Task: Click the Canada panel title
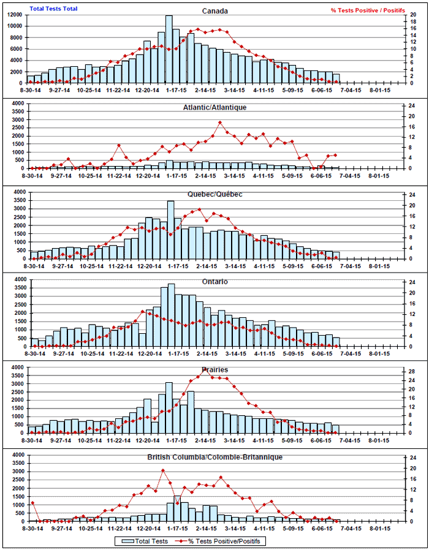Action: pos(215,11)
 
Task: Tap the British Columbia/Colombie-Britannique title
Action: pos(214,457)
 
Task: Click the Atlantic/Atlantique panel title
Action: pos(215,107)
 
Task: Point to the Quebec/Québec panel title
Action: pos(215,194)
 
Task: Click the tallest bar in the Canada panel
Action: pos(169,49)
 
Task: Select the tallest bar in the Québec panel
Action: pos(170,230)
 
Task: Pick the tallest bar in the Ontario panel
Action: pos(172,315)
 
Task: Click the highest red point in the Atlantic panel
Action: pos(220,122)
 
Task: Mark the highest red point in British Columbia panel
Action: pos(163,470)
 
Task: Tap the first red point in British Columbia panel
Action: pos(32,503)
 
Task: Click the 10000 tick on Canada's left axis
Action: pos(15,26)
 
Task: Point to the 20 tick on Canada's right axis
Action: pos(414,15)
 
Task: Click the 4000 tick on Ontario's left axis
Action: pos(17,279)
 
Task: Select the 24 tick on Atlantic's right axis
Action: pos(414,107)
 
